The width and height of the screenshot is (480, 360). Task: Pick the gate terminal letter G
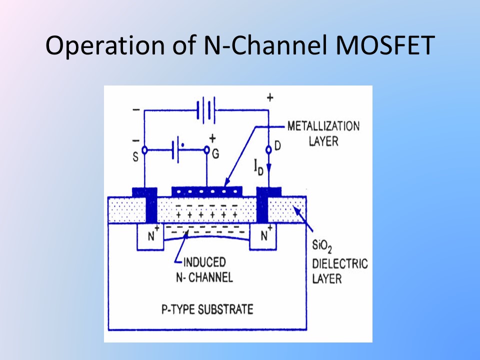215,154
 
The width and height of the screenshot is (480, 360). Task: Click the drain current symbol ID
257,167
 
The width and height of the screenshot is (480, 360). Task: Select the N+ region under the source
150,235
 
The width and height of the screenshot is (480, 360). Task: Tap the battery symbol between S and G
176,149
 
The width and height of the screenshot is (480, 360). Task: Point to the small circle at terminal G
206,149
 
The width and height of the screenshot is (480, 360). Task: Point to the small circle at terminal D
269,149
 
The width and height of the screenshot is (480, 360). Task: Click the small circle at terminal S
144,149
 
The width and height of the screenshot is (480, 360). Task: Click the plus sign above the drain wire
270,97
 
